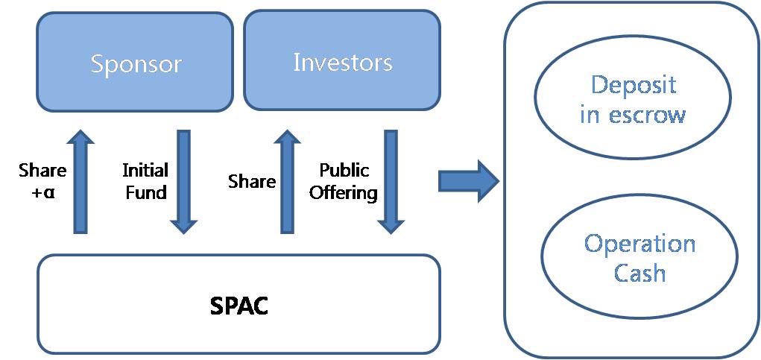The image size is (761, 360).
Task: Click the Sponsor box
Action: click(x=135, y=63)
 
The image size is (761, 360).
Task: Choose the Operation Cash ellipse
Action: click(x=640, y=258)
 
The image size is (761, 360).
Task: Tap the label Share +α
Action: click(x=42, y=181)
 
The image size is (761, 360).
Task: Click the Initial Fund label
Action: click(x=145, y=181)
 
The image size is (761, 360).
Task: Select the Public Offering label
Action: click(x=344, y=181)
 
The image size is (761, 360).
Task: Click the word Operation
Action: click(x=640, y=244)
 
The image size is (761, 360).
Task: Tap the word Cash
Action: click(x=640, y=273)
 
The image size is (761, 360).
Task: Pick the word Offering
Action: click(x=344, y=192)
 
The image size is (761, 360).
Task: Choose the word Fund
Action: click(x=145, y=192)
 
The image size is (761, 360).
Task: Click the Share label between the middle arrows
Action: click(x=251, y=181)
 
